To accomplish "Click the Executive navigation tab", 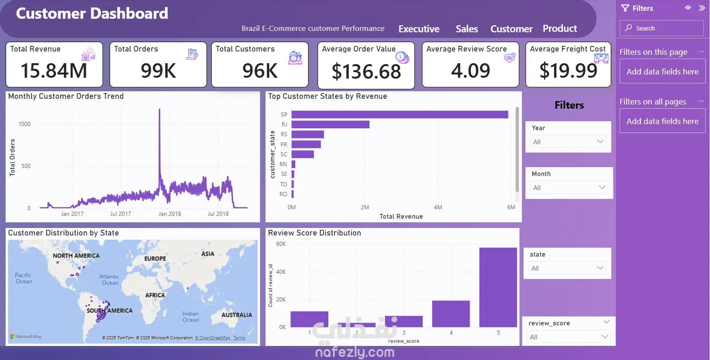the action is coord(419,29).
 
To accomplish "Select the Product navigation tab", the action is coord(560,29).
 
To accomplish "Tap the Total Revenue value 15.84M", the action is coord(54,70).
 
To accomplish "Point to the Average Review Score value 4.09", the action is coord(470,70).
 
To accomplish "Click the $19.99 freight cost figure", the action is coord(568,70).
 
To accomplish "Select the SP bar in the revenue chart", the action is coord(399,114).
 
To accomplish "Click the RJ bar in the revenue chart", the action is coord(330,125).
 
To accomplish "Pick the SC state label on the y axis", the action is coord(284,154).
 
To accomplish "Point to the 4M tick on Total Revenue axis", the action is coord(438,207).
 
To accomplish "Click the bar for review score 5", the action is coord(498,287).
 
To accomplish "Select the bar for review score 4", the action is coord(451,314).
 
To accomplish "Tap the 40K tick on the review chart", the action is coord(281,272).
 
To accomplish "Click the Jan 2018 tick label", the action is coord(170,214).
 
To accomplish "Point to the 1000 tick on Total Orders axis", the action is coord(24,124).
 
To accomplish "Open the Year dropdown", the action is coord(568,142).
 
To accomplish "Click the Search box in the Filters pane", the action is coord(661,28).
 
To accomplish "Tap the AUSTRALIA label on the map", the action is coord(237,315).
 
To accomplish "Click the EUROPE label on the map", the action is coord(155,258).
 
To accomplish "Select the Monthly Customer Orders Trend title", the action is coord(66,96).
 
